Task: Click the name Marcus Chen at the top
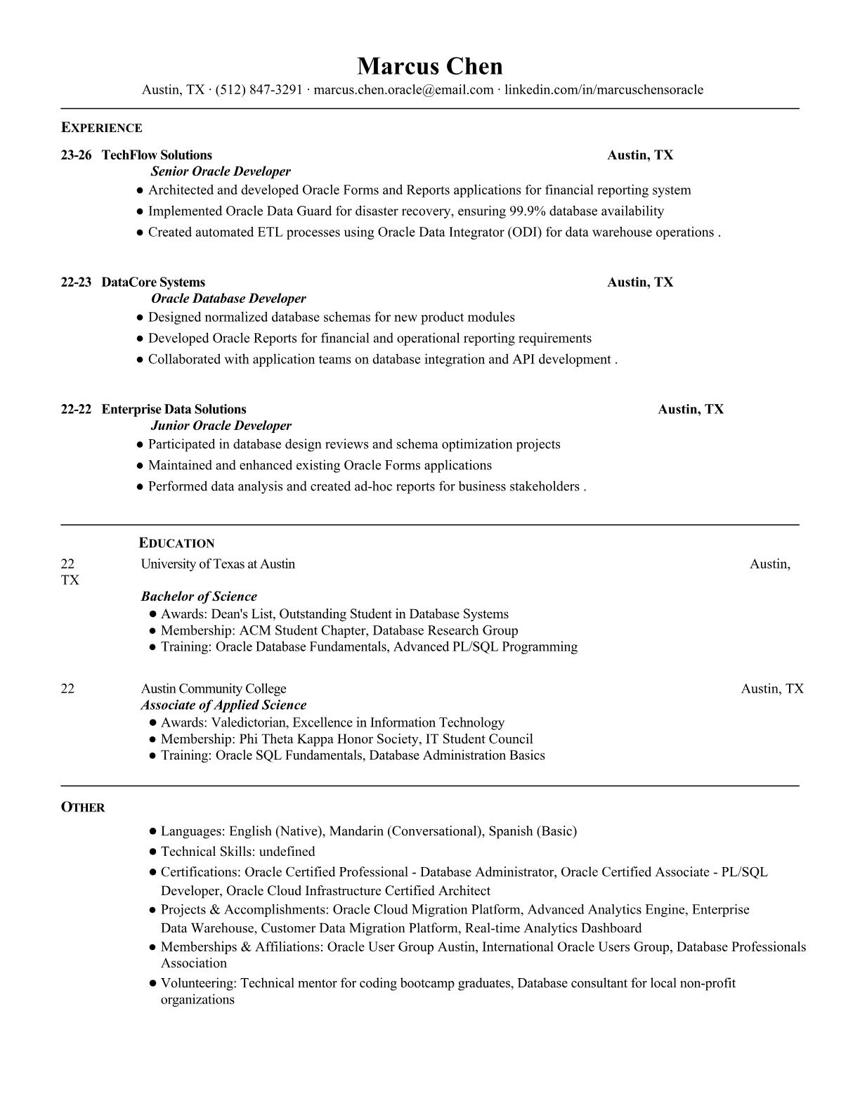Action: (429, 66)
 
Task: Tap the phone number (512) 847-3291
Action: (259, 90)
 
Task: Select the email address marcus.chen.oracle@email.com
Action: (403, 90)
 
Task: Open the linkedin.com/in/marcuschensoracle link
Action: (604, 90)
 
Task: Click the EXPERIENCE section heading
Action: (101, 128)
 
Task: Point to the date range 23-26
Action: (76, 155)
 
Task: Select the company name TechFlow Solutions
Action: (157, 155)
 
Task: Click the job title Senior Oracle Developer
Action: (221, 171)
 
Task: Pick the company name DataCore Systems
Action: (153, 282)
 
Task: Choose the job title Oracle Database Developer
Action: (228, 299)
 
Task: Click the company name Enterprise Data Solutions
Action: (174, 410)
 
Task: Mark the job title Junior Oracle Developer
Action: (221, 426)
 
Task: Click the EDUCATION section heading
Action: (176, 543)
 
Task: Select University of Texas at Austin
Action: (218, 564)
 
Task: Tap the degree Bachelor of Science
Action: (199, 597)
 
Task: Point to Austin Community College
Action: (214, 689)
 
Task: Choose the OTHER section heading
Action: (82, 807)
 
